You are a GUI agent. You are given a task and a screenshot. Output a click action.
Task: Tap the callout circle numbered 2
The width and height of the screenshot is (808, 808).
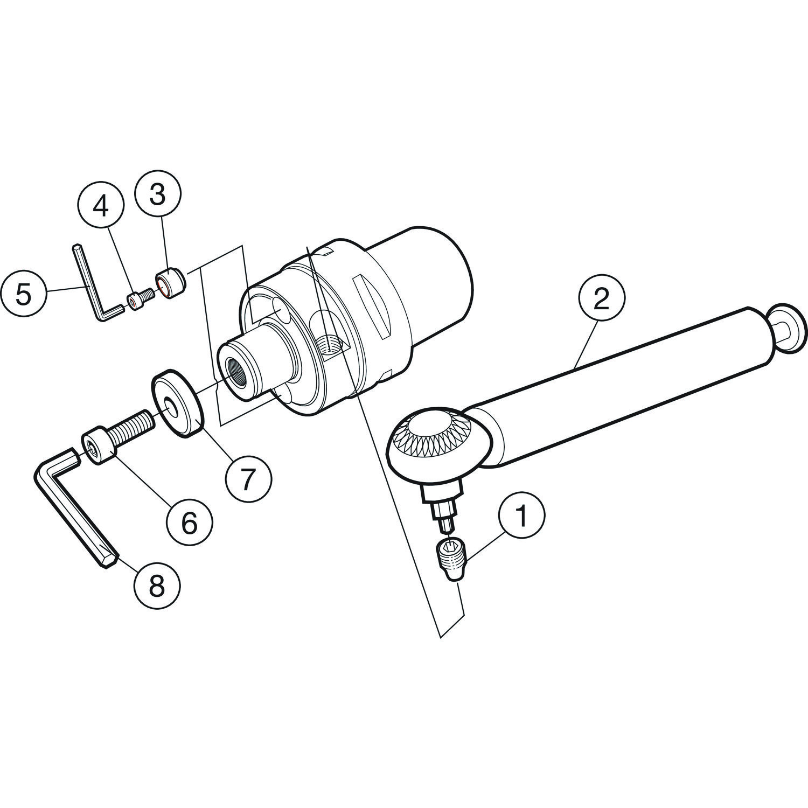[601, 298]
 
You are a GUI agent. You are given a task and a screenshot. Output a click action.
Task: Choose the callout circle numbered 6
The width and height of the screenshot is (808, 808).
[189, 524]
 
